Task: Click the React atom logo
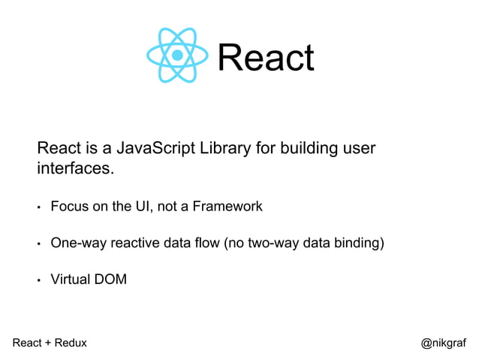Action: [177, 55]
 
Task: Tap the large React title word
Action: [265, 57]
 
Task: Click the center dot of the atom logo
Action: [177, 55]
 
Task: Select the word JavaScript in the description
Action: [160, 148]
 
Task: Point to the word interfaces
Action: [75, 168]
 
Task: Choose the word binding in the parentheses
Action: [360, 243]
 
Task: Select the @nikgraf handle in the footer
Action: [443, 343]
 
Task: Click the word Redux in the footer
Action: [70, 343]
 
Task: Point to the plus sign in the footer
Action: [47, 343]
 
